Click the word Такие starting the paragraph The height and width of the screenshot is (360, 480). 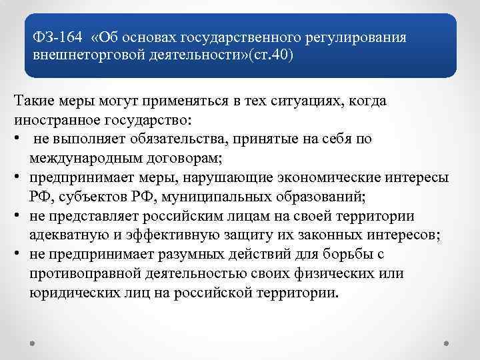[33, 101]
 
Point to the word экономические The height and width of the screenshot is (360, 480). [334, 178]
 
